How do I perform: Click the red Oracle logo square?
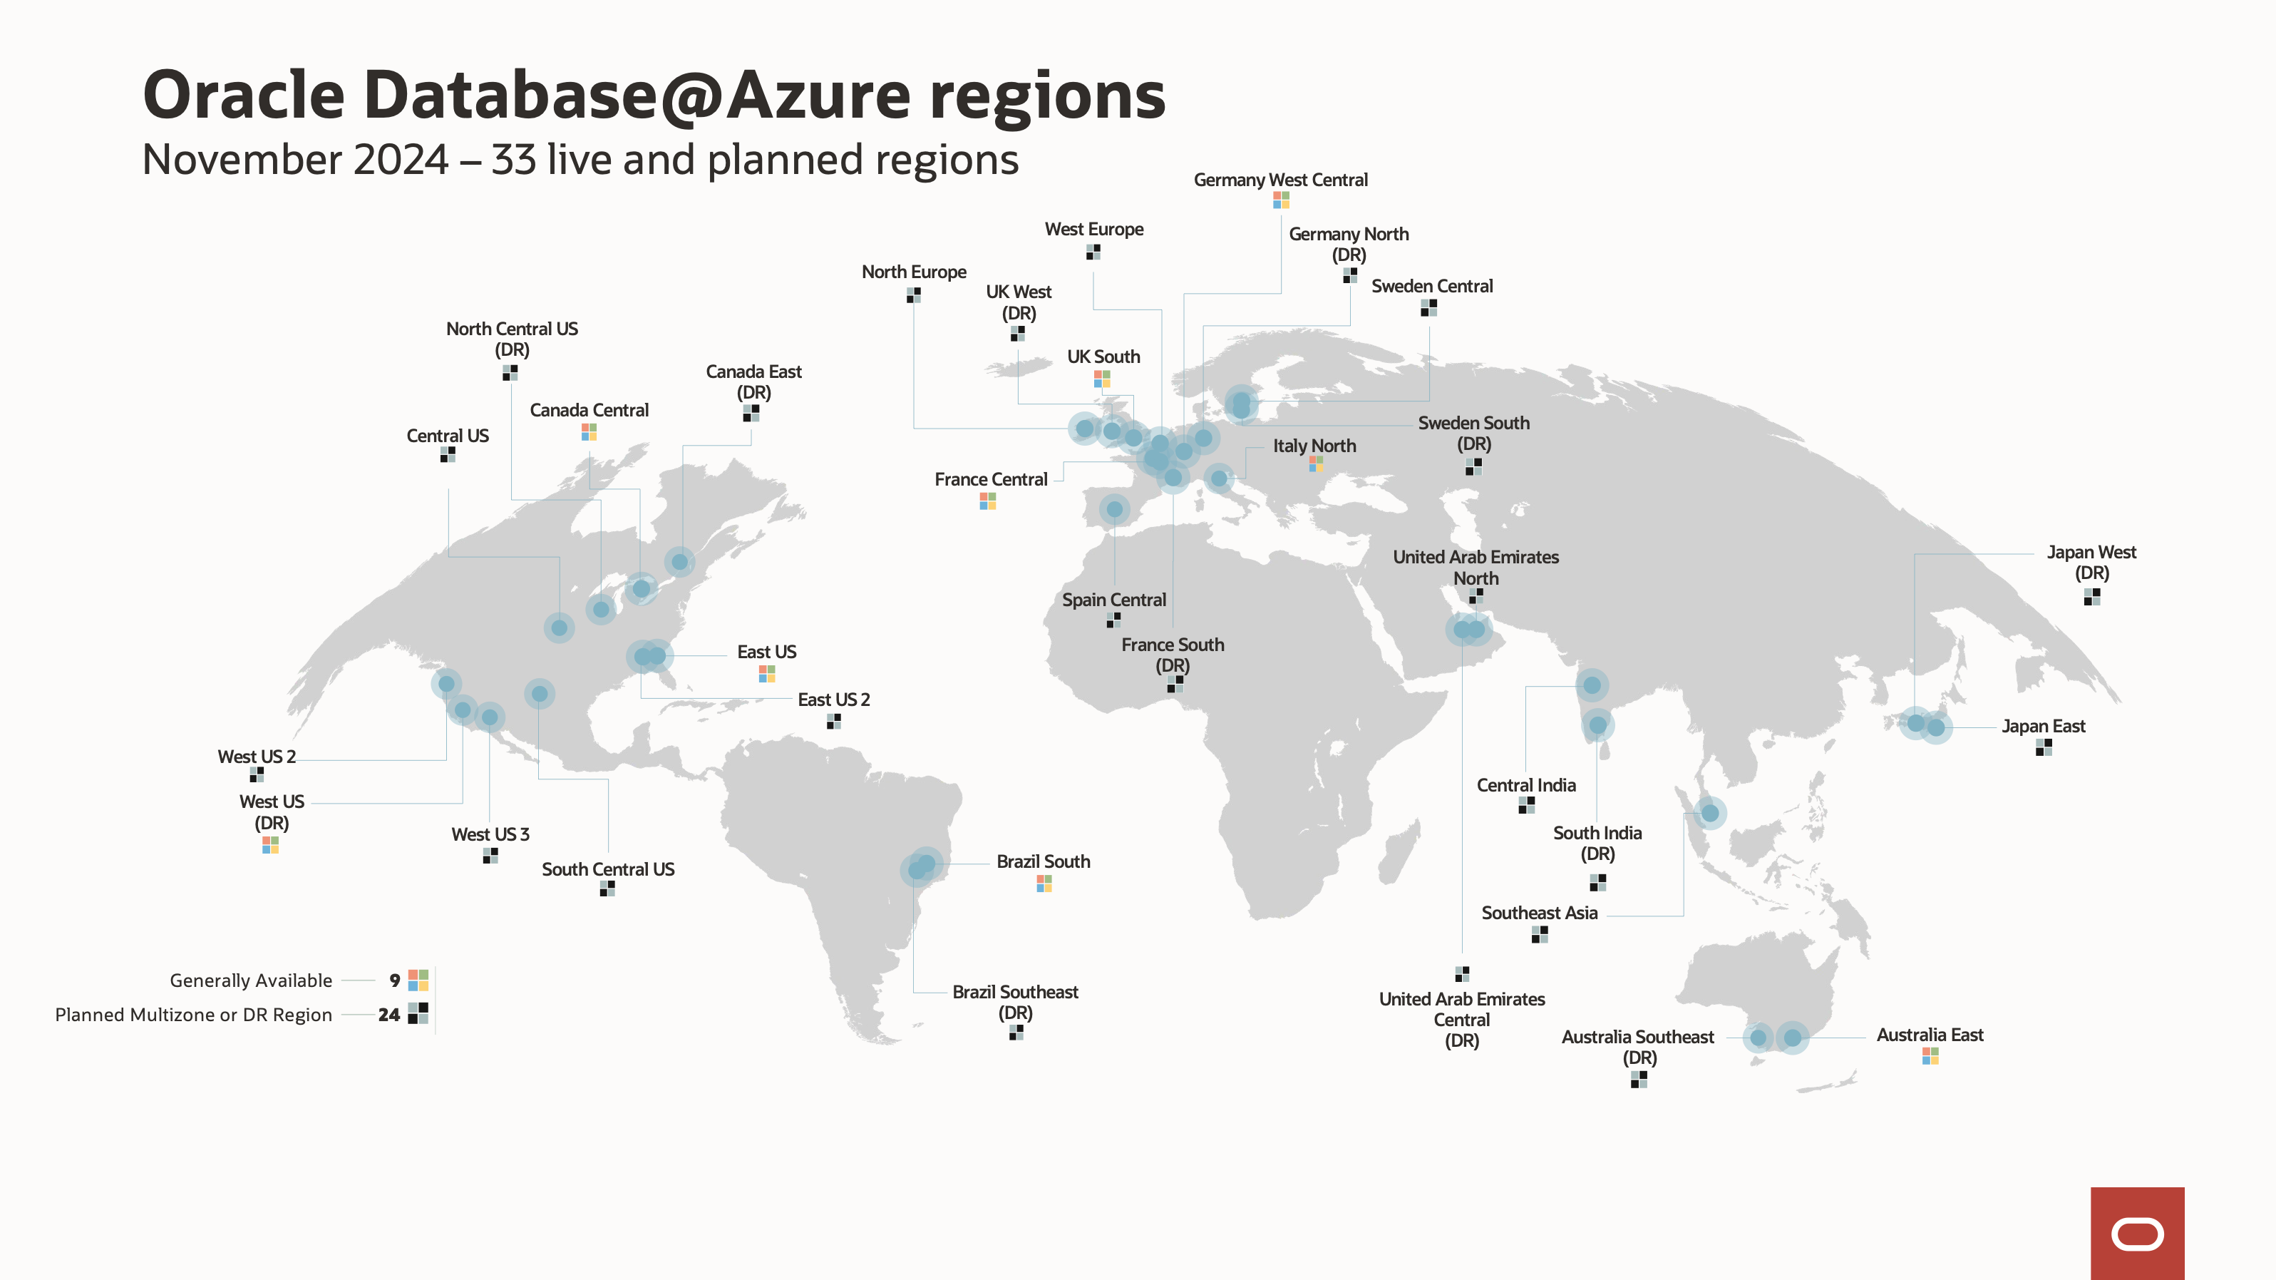2136,1233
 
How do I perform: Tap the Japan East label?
2043,726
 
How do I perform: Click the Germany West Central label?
1280,180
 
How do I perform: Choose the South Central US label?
608,869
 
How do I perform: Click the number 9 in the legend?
394,981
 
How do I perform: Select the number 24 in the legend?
388,1015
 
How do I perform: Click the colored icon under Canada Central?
589,431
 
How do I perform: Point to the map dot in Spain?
1114,509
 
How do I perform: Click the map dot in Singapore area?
1709,812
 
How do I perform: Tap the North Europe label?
914,272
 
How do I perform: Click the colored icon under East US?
767,674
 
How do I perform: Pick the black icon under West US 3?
490,855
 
